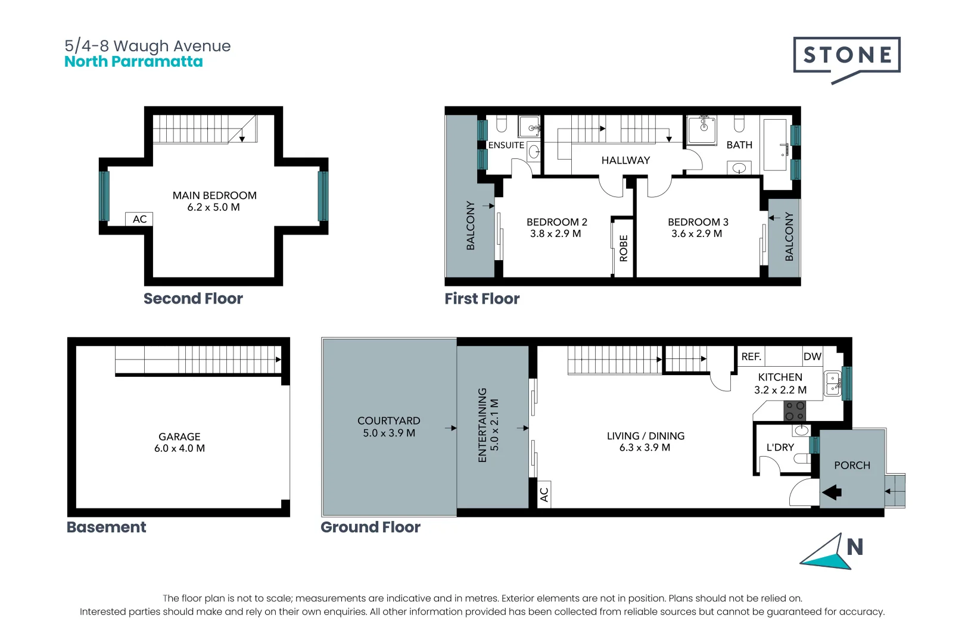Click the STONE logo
[x=846, y=55]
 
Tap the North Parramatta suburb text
[x=133, y=62]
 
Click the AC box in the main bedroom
[x=139, y=219]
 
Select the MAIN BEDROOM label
[x=214, y=195]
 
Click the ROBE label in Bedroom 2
[x=624, y=248]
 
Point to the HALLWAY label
[x=625, y=160]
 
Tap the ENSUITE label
[x=506, y=145]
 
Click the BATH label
[x=739, y=145]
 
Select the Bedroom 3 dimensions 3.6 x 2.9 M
[x=696, y=234]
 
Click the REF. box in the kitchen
[x=751, y=357]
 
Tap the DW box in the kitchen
[x=813, y=357]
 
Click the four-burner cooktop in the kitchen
[x=795, y=411]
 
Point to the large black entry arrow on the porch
[x=832, y=492]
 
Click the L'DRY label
[x=780, y=447]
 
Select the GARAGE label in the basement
[x=179, y=436]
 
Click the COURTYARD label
[x=388, y=421]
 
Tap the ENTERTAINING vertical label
[x=482, y=425]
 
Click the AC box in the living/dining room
[x=544, y=494]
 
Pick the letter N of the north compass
[x=855, y=547]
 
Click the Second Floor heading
[x=193, y=298]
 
